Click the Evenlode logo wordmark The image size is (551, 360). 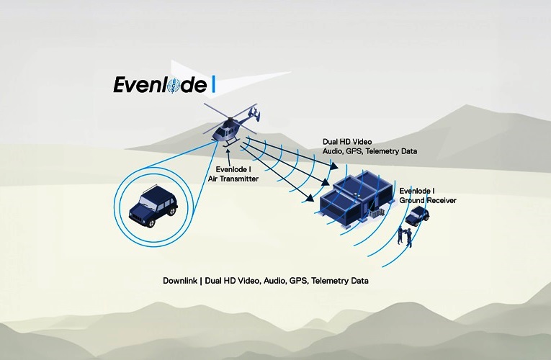tap(160, 85)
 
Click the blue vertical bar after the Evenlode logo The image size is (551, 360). tap(213, 85)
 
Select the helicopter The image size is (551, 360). tap(232, 125)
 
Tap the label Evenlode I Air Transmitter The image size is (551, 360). tap(233, 174)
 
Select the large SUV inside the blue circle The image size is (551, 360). tap(153, 206)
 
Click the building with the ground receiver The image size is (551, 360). tap(356, 197)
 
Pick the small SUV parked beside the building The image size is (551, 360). tap(417, 216)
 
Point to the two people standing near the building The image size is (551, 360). tap(405, 236)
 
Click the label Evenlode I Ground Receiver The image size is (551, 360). tap(428, 196)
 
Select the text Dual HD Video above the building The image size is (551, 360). tap(347, 142)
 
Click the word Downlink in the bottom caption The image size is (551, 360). tap(179, 281)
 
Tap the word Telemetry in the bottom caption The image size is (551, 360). tap(326, 281)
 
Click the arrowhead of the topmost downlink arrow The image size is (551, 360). tap(333, 166)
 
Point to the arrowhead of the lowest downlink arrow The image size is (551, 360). tap(310, 198)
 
